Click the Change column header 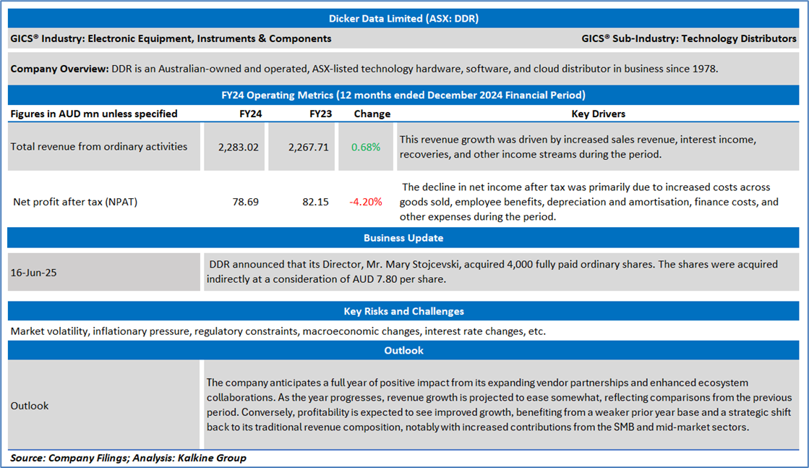point(372,114)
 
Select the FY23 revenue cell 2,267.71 point(308,147)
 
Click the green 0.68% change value point(366,147)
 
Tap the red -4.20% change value point(366,202)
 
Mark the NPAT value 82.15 point(315,202)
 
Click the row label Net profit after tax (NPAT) point(75,202)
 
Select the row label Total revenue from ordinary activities point(98,147)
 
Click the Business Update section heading point(403,237)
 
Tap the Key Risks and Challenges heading point(403,311)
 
